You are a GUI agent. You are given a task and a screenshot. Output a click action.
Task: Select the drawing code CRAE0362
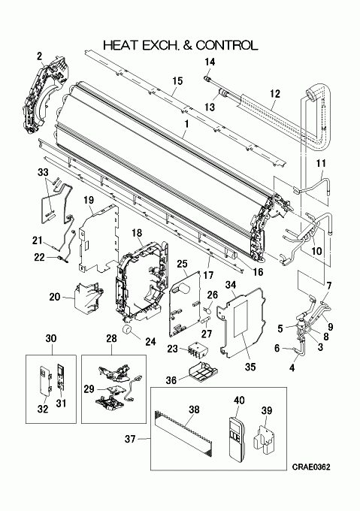(311, 467)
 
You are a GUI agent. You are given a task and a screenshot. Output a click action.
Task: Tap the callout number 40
(240, 401)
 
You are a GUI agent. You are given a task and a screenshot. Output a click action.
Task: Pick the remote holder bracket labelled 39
(265, 440)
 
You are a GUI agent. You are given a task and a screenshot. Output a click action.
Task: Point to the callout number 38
(194, 410)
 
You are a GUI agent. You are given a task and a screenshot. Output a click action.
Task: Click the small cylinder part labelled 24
(128, 329)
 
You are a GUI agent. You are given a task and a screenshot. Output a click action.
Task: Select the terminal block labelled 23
(196, 350)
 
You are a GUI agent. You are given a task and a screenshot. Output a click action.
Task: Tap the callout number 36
(171, 380)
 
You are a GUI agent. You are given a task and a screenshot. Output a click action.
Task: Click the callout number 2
(39, 56)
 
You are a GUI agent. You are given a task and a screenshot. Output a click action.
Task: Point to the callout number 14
(210, 62)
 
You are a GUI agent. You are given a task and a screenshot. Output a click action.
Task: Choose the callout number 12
(275, 94)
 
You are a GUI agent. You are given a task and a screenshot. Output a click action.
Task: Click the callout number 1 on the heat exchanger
(186, 124)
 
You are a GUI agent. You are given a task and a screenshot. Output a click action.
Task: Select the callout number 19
(89, 199)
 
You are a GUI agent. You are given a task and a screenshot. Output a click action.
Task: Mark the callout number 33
(43, 172)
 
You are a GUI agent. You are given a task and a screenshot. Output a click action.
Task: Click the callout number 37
(130, 439)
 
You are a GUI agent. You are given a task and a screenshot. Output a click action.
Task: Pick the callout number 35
(250, 367)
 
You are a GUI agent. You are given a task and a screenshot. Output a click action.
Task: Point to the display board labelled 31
(61, 377)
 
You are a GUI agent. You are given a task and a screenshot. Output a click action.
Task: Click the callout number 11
(321, 163)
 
